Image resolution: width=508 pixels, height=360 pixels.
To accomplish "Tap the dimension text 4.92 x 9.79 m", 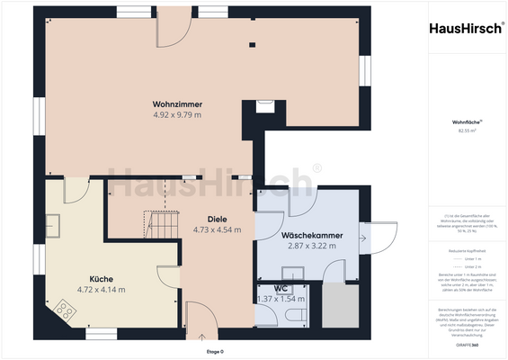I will (x=176, y=115).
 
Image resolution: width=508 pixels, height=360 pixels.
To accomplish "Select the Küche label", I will (x=101, y=278).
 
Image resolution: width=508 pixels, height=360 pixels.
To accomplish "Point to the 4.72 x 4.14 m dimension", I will (x=101, y=289).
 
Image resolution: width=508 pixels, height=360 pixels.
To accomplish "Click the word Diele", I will (x=217, y=219).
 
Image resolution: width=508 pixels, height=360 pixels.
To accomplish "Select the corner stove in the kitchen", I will (x=63, y=310).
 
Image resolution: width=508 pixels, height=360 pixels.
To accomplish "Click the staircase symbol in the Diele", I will (x=160, y=221).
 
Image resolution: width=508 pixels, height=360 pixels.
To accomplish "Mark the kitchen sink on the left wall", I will (x=55, y=223).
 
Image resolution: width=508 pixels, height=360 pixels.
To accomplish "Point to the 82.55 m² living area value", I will (x=467, y=130).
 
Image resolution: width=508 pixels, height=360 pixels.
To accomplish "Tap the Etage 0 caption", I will (x=214, y=351).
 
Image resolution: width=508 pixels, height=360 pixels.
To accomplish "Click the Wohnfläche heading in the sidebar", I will (x=467, y=120).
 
